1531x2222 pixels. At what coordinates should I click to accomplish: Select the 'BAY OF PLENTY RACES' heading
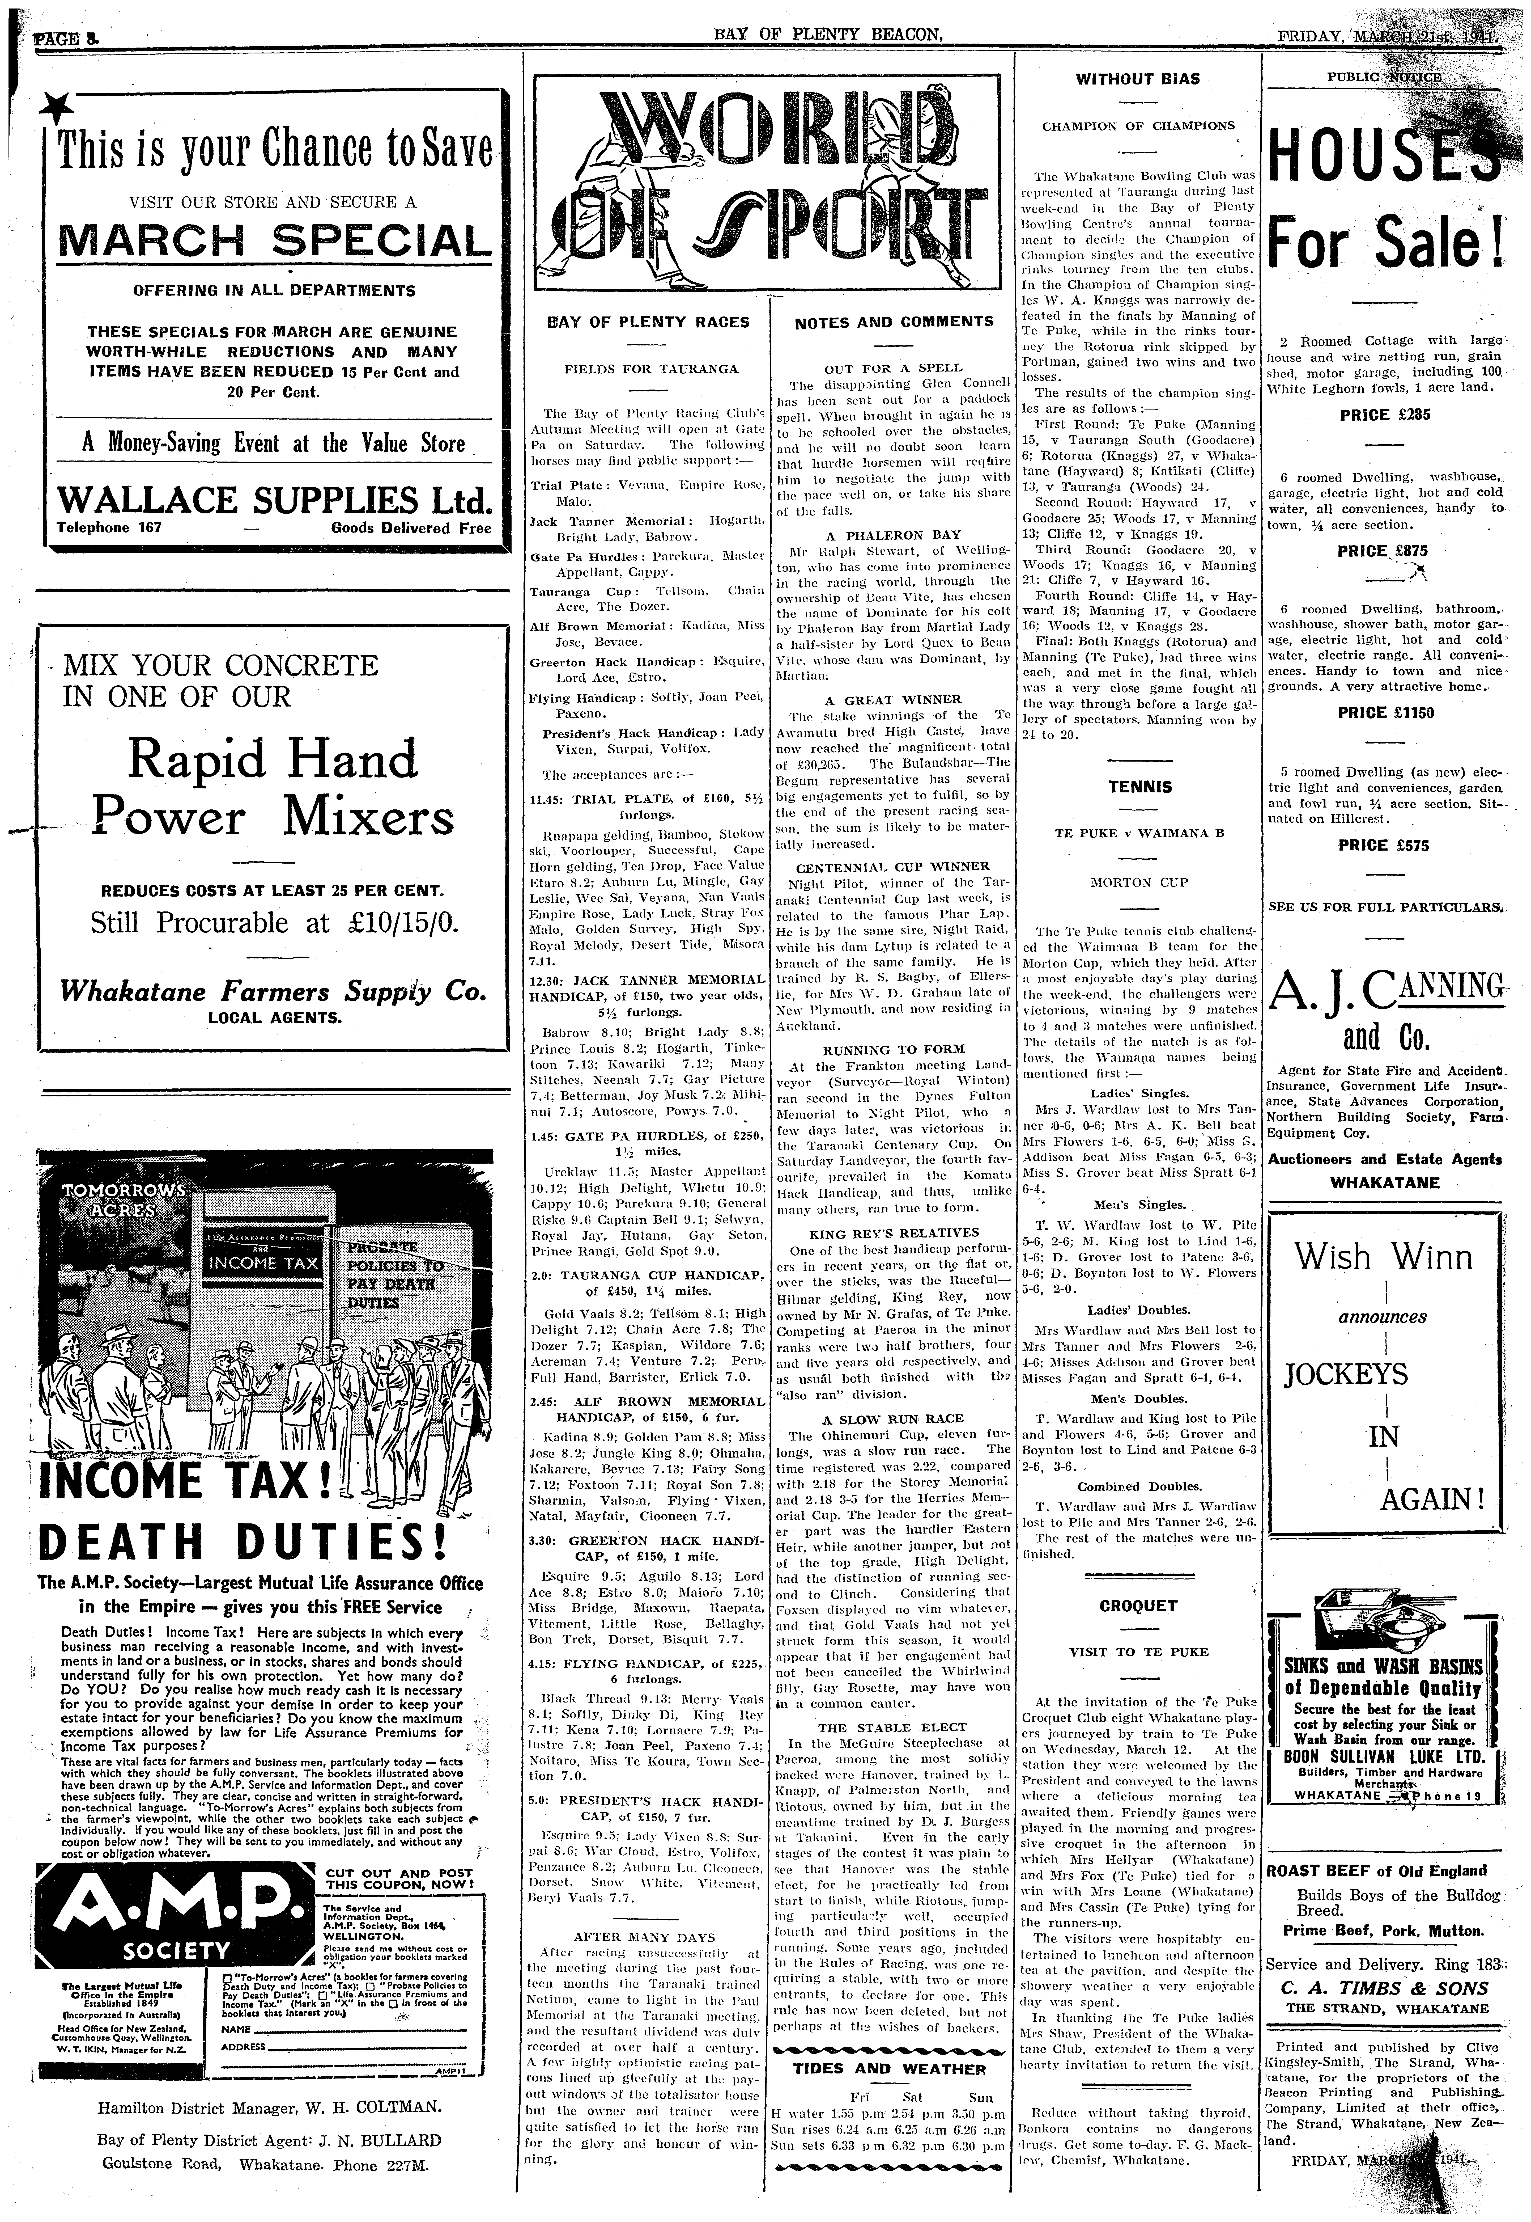click(x=648, y=322)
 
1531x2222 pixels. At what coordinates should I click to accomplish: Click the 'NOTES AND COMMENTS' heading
click(x=894, y=322)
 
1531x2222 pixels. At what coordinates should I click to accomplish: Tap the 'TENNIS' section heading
click(x=1139, y=787)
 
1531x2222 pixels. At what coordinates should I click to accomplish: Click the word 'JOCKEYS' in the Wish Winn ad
click(x=1346, y=1375)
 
